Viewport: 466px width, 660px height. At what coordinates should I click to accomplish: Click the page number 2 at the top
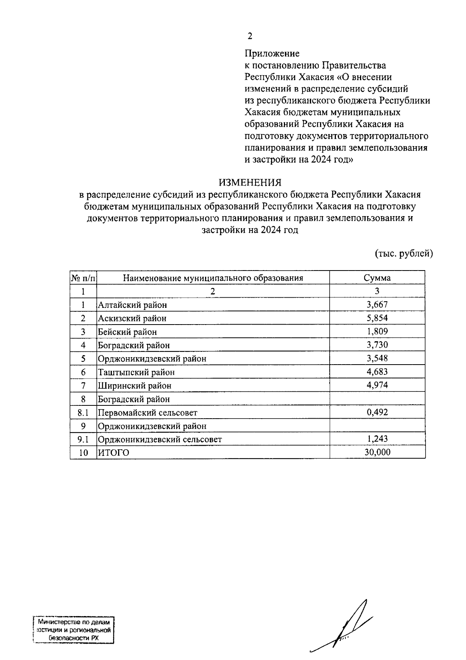(x=250, y=36)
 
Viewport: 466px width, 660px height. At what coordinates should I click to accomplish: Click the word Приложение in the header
(x=272, y=53)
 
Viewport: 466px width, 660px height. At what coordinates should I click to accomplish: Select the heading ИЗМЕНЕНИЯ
(x=250, y=182)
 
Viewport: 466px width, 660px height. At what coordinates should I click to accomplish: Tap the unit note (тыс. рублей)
(x=403, y=254)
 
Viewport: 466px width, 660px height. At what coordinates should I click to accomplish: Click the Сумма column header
(x=377, y=278)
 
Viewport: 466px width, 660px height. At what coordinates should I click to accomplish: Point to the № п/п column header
(x=83, y=278)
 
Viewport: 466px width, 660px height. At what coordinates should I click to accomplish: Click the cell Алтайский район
(x=132, y=305)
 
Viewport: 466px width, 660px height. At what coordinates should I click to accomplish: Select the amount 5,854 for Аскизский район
(x=377, y=318)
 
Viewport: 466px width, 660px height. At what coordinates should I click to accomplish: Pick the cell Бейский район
(x=127, y=332)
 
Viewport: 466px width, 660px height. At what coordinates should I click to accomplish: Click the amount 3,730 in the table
(x=377, y=345)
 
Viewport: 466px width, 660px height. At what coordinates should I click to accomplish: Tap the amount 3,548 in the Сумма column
(x=377, y=358)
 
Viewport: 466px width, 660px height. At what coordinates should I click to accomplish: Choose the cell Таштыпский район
(x=136, y=372)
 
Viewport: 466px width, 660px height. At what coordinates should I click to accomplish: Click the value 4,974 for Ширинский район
(x=377, y=385)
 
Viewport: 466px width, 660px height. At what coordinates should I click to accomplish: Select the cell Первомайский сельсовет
(x=148, y=412)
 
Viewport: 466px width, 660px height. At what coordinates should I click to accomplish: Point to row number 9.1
(x=83, y=440)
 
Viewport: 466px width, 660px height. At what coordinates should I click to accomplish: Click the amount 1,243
(x=377, y=439)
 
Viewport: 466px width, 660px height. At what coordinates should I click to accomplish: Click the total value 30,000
(x=377, y=452)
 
